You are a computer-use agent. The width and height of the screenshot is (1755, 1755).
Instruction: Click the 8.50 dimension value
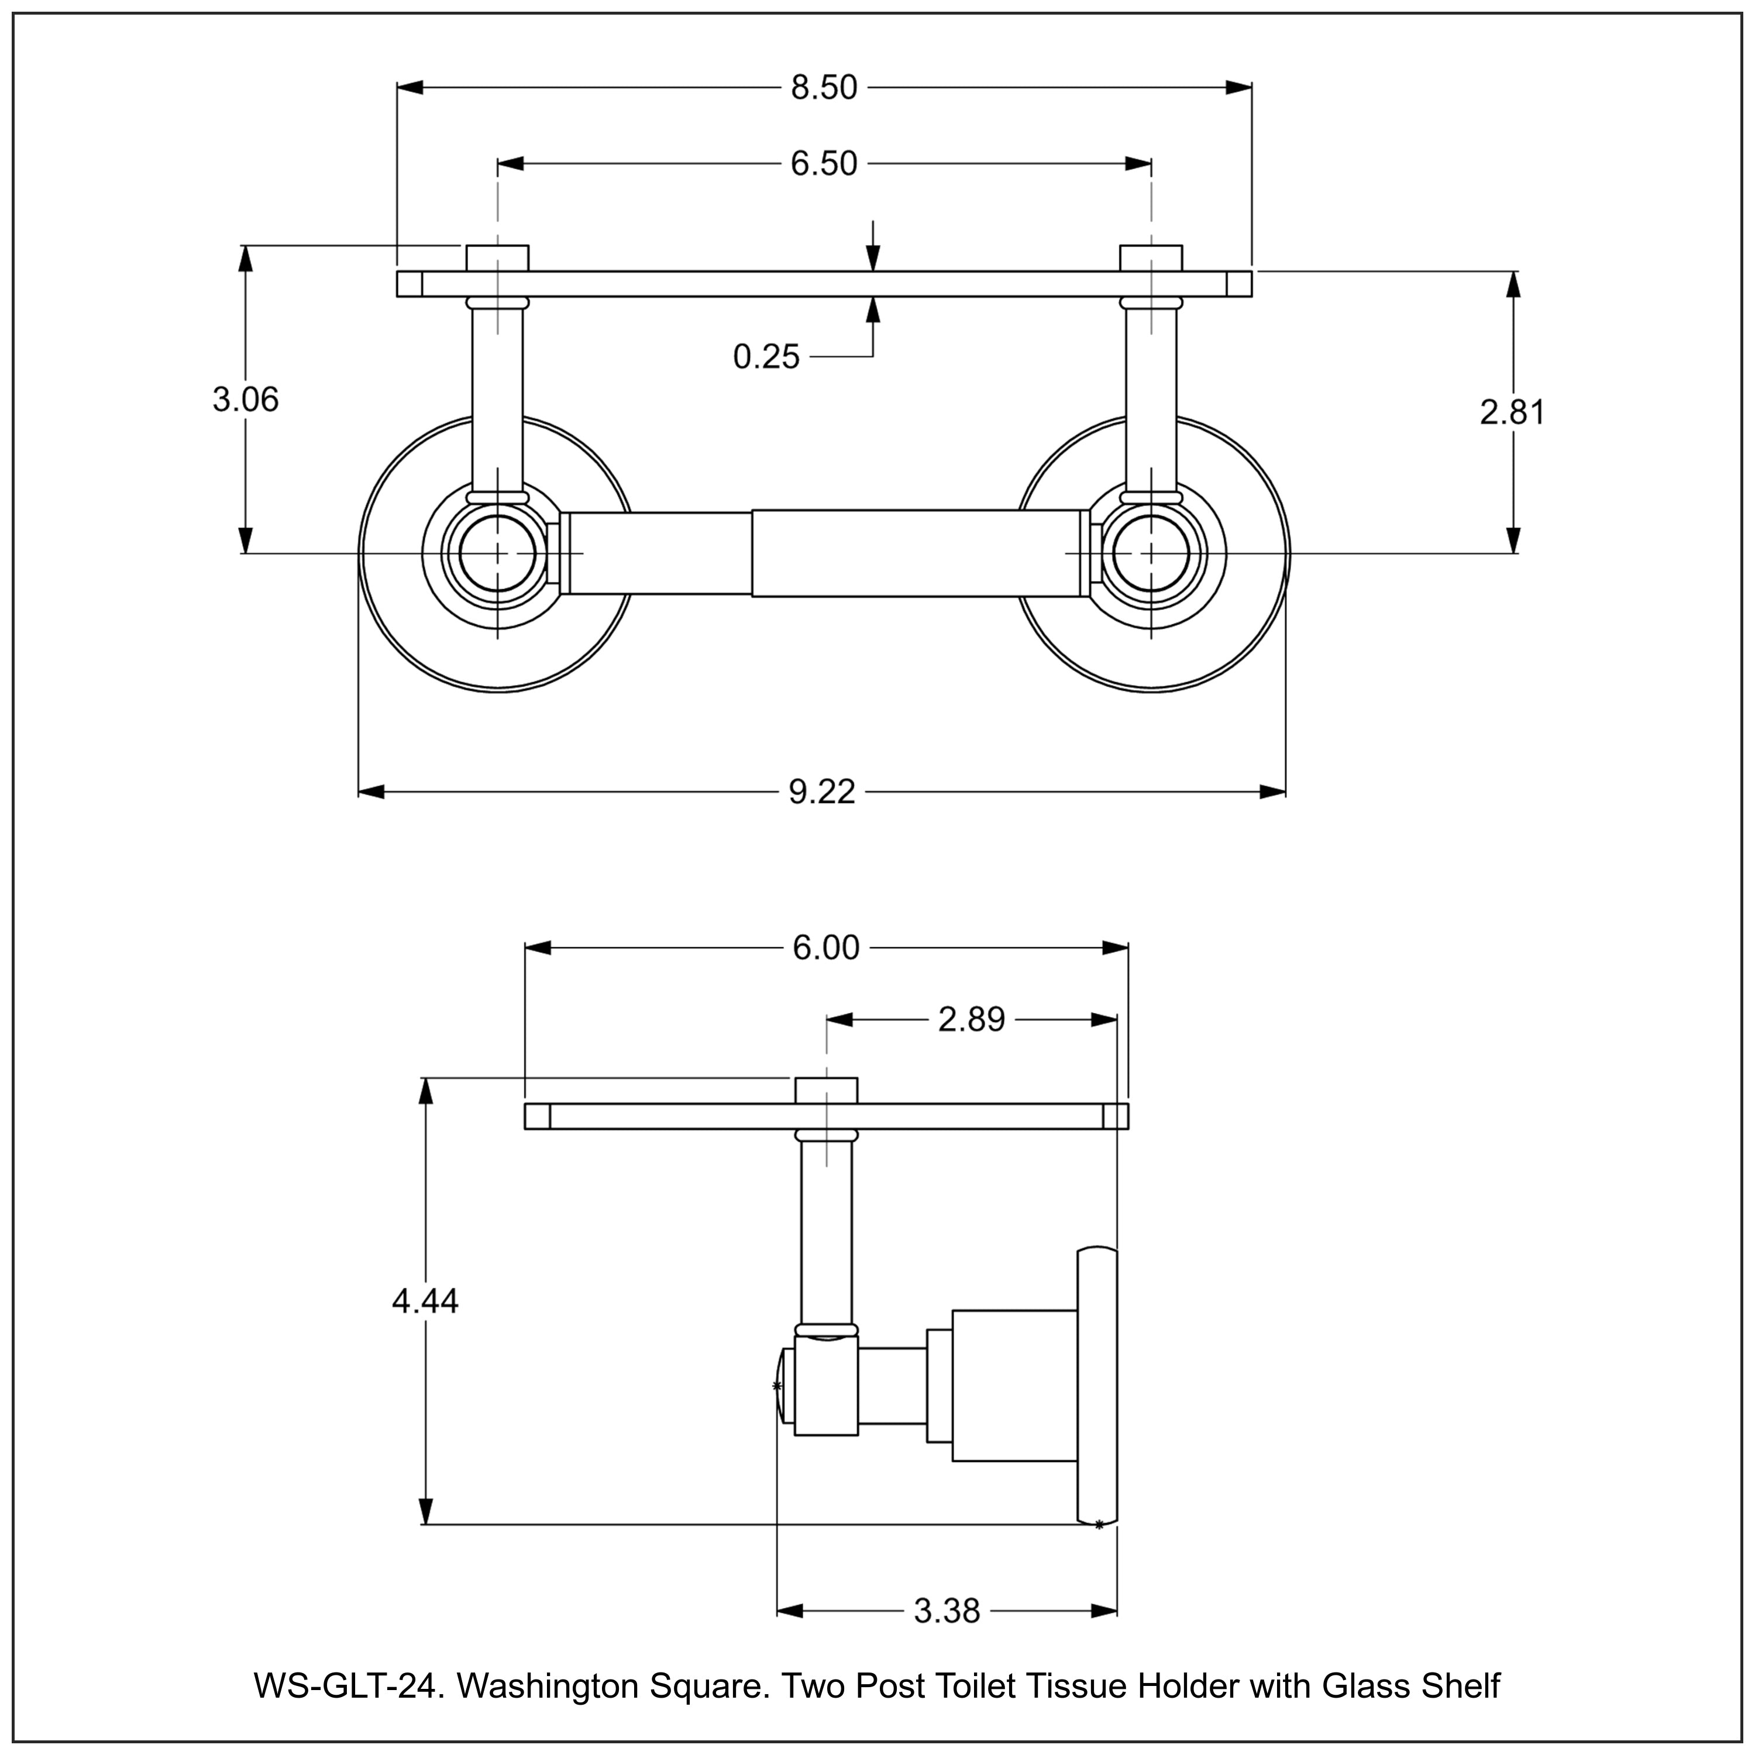pyautogui.click(x=823, y=88)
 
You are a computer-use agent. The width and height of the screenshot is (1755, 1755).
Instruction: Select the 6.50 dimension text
pyautogui.click(x=823, y=164)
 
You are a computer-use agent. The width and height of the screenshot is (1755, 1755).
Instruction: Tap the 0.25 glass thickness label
pyautogui.click(x=766, y=357)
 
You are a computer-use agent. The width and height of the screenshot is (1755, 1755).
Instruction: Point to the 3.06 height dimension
pyautogui.click(x=245, y=400)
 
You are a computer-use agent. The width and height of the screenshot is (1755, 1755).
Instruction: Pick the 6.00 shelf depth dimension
pyautogui.click(x=825, y=948)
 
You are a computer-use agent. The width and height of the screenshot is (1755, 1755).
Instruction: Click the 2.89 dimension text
pyautogui.click(x=971, y=1020)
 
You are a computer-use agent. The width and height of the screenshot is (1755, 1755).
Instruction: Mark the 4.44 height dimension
pyautogui.click(x=425, y=1302)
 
